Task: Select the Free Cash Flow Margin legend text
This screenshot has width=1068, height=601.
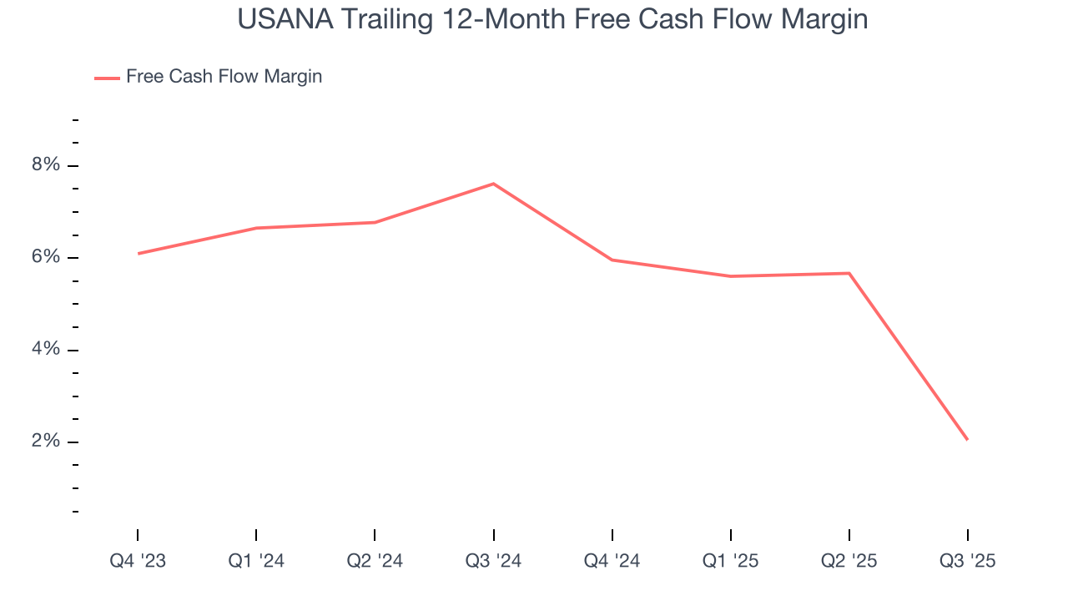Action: (x=224, y=77)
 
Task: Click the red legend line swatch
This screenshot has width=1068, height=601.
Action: (x=107, y=78)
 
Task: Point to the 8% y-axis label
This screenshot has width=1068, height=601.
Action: (x=46, y=165)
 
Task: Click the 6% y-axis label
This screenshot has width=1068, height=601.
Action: (x=46, y=257)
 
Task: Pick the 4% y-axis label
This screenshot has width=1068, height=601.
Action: (x=46, y=349)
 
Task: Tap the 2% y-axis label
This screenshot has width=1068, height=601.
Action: (x=46, y=441)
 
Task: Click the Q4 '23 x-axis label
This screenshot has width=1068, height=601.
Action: (x=138, y=561)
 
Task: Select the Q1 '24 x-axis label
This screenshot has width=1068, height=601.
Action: (x=256, y=561)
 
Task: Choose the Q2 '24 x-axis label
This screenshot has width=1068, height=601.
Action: (x=375, y=561)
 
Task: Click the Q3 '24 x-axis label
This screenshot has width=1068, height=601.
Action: (x=493, y=561)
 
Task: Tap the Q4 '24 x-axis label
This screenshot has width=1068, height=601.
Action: (x=612, y=561)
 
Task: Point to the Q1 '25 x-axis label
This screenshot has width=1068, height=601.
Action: (x=730, y=561)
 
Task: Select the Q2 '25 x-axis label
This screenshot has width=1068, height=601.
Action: (x=849, y=561)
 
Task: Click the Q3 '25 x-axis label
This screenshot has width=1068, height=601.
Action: (x=967, y=561)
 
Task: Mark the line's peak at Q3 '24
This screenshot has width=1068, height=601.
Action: (x=493, y=184)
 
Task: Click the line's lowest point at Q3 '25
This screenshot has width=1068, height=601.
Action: (x=967, y=439)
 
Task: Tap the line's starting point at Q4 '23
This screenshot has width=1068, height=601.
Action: (x=138, y=253)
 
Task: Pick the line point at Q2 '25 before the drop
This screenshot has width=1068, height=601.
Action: (x=849, y=273)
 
